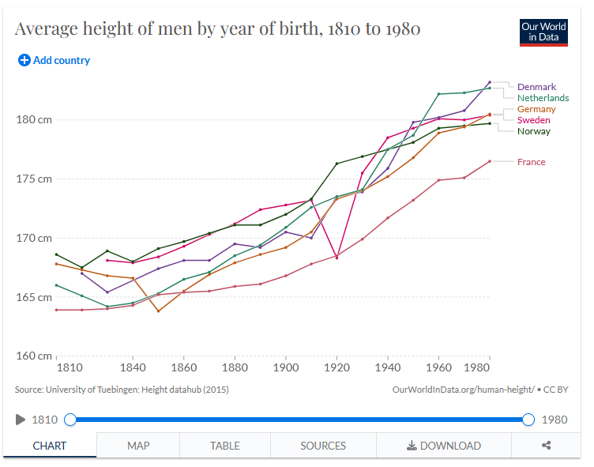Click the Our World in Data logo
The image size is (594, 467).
pos(543,32)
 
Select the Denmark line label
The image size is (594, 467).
pos(536,87)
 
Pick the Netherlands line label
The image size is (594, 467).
pos(543,98)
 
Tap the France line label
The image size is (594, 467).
pos(531,162)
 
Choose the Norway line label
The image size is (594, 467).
pos(534,131)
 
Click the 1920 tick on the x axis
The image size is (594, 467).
pos(336,367)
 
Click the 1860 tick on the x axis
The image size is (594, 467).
pos(184,367)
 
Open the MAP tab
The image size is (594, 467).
pos(138,446)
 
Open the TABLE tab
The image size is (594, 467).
pos(225,446)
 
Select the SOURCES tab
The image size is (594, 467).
pos(323,446)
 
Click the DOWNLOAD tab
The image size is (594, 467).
pos(443,446)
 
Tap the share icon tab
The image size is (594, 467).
pos(546,446)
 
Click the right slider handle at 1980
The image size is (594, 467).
pos(528,420)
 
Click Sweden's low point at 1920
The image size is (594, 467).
pos(336,257)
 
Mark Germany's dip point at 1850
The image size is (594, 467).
pos(158,311)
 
